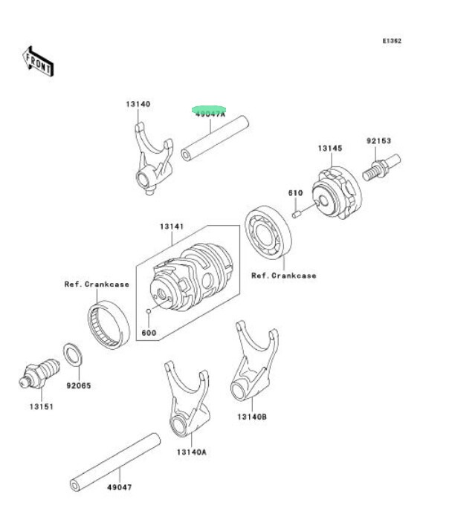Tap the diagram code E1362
[x=392, y=42]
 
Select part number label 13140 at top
[x=138, y=104]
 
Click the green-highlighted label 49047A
[x=210, y=112]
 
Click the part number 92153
[x=378, y=140]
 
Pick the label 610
[x=295, y=193]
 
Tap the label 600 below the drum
[x=149, y=332]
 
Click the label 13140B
[x=252, y=417]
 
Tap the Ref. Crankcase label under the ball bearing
[x=282, y=276]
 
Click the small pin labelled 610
[x=296, y=215]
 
